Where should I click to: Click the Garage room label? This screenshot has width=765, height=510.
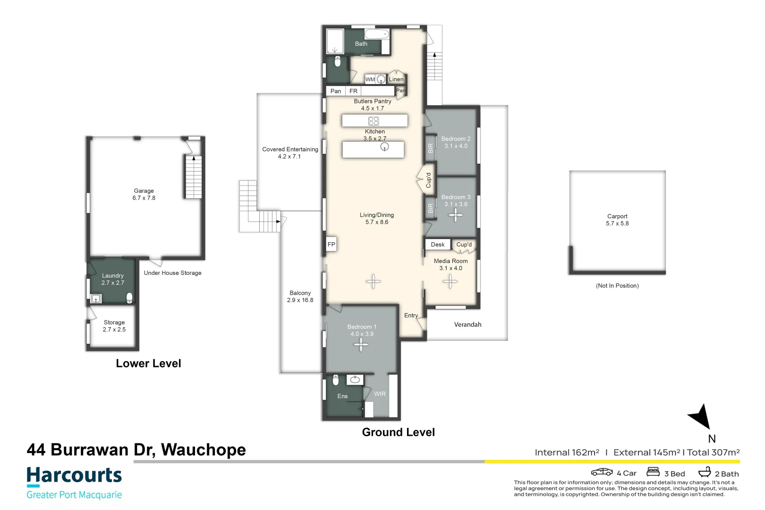[144, 191]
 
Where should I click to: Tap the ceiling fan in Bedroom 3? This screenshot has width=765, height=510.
[456, 215]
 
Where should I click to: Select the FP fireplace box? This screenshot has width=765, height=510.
[331, 244]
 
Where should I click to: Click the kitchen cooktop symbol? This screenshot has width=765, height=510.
[374, 121]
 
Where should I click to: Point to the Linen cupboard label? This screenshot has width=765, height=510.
[396, 79]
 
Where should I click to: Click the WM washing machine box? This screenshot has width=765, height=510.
[370, 79]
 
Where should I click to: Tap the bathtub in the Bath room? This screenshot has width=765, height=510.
[377, 34]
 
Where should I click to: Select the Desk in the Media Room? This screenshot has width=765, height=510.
[438, 244]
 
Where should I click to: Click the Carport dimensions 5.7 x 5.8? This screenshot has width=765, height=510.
[617, 223]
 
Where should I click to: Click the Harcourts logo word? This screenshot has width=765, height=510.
[74, 475]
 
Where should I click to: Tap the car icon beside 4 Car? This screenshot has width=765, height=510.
[602, 472]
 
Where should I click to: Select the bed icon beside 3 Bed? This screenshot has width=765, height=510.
[653, 472]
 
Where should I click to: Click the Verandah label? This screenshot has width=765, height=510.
[467, 324]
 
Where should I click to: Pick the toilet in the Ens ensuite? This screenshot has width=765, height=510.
[336, 380]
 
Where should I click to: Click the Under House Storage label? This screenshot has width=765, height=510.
[172, 273]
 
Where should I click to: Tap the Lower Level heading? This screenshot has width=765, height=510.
[148, 363]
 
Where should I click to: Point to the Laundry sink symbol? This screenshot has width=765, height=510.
[96, 299]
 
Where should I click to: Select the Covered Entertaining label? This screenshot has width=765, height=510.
[290, 149]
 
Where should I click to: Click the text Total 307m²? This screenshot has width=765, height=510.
[713, 452]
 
